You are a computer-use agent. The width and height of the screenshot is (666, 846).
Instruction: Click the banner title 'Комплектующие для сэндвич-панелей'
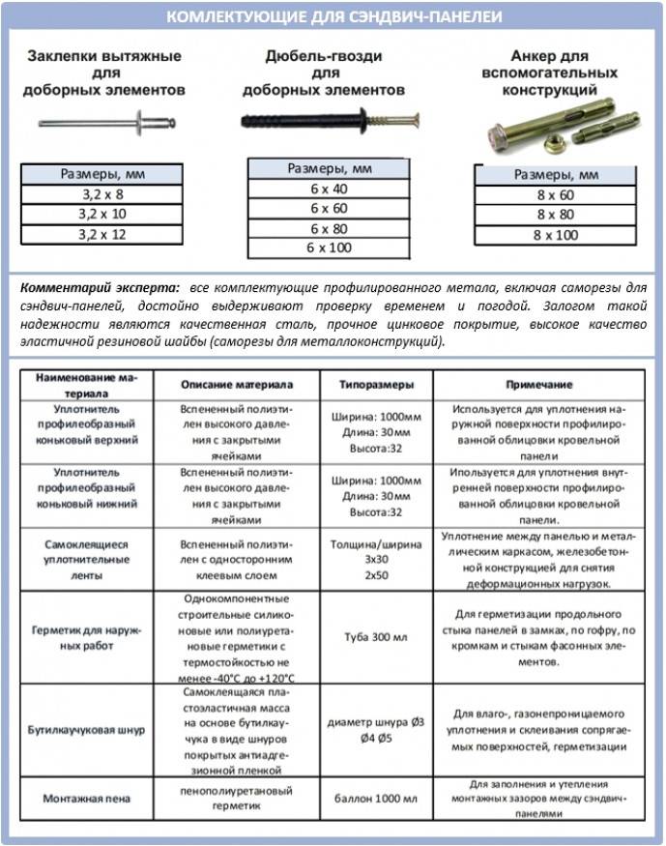(333, 17)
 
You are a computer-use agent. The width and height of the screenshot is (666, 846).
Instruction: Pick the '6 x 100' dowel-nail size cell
(329, 248)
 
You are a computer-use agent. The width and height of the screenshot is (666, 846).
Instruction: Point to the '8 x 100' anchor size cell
(556, 235)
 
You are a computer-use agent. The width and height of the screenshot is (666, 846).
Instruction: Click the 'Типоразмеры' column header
(377, 384)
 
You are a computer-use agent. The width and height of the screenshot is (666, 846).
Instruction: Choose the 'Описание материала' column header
(238, 384)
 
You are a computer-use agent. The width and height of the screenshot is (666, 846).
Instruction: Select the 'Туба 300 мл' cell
(377, 637)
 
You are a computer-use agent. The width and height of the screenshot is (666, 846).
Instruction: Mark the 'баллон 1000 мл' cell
(377, 799)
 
